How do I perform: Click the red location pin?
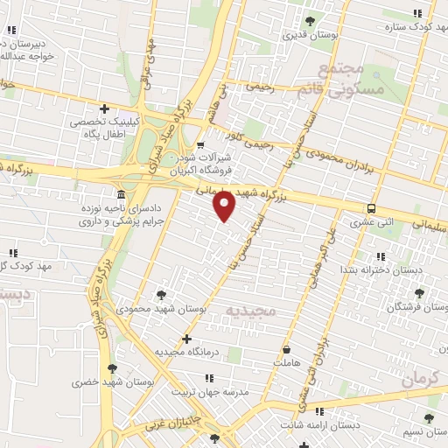coord(225,206)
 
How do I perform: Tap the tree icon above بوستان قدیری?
coord(309,22)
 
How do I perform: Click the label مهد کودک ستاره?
coord(410,27)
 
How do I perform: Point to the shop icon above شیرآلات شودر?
coord(200,144)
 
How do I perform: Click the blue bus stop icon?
coord(372,208)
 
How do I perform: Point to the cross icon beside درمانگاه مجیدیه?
coord(185,338)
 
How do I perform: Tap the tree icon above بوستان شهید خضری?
coord(110,368)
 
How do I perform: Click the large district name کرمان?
coord(423,378)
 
